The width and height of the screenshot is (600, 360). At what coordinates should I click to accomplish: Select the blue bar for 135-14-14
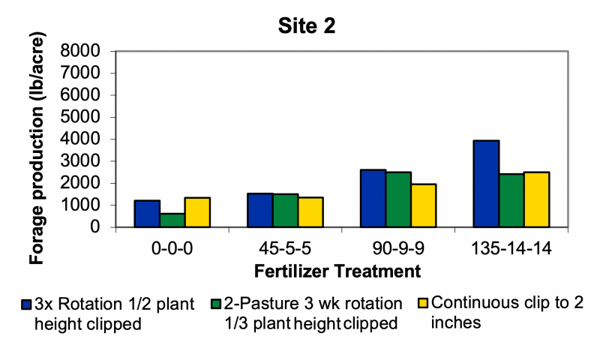pyautogui.click(x=486, y=184)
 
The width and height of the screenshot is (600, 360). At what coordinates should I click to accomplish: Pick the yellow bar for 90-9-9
pyautogui.click(x=424, y=205)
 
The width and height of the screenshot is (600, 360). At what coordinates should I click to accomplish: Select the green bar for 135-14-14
pyautogui.click(x=511, y=200)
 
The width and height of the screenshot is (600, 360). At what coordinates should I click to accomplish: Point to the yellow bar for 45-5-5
pyautogui.click(x=310, y=212)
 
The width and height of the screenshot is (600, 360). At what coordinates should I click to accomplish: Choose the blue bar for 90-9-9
pyautogui.click(x=373, y=198)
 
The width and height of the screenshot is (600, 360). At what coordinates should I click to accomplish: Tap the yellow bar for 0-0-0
pyautogui.click(x=197, y=212)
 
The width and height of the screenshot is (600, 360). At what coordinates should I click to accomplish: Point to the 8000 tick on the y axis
pyautogui.click(x=84, y=52)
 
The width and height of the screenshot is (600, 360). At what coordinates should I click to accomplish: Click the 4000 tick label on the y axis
pyautogui.click(x=84, y=139)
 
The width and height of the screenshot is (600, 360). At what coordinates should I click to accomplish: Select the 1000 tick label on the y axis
pyautogui.click(x=84, y=205)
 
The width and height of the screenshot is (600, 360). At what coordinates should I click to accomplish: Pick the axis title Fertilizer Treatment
pyautogui.click(x=322, y=269)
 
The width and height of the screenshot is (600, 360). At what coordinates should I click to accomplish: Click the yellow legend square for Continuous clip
pyautogui.click(x=422, y=304)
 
